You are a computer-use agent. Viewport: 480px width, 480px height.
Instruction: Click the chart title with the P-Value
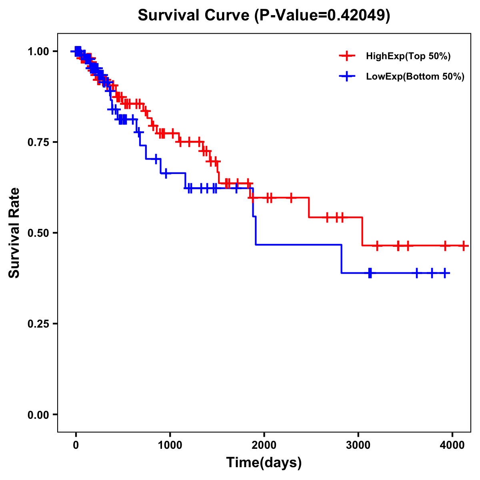264,16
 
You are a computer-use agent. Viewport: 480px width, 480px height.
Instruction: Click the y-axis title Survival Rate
14,233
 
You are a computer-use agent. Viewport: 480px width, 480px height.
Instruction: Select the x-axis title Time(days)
264,463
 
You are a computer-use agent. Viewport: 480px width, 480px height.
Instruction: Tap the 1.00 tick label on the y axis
38,52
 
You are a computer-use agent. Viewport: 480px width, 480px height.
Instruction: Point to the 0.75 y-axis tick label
38,142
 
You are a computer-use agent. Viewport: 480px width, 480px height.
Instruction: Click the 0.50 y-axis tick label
38,233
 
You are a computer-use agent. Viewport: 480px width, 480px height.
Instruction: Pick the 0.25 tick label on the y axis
38,324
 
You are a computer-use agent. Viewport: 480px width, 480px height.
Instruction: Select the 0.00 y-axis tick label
38,415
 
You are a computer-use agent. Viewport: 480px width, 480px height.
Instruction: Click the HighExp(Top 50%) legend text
408,56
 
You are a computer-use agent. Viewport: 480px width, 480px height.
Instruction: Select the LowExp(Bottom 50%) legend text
415,77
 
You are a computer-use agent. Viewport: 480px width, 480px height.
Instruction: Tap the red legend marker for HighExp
347,56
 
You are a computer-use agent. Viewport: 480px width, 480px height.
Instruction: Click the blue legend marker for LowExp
347,76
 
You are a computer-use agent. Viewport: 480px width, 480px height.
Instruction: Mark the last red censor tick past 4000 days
463,246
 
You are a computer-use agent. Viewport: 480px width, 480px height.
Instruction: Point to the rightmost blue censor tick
444,273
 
